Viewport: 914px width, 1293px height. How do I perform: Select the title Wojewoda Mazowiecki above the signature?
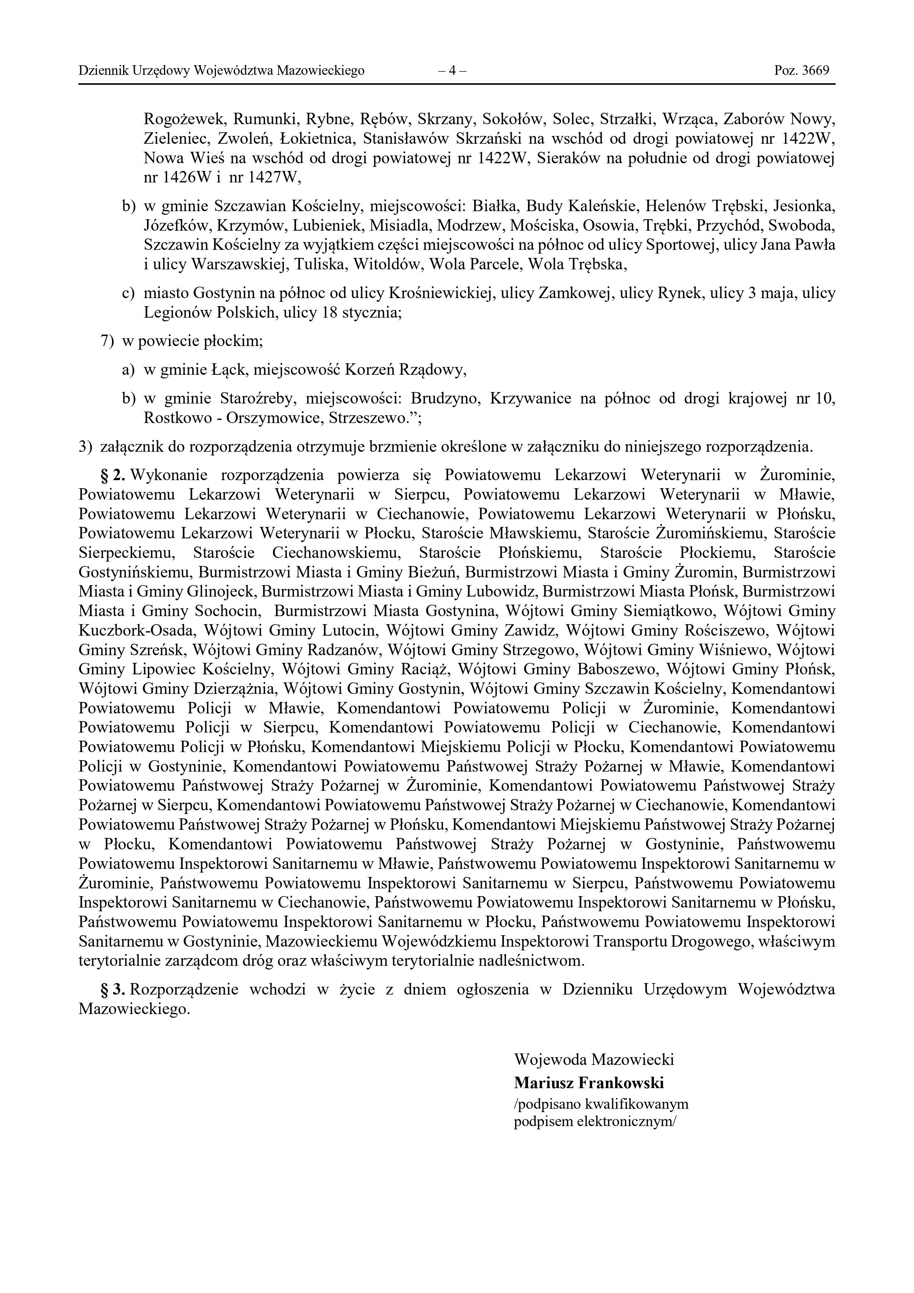tap(593, 1059)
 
